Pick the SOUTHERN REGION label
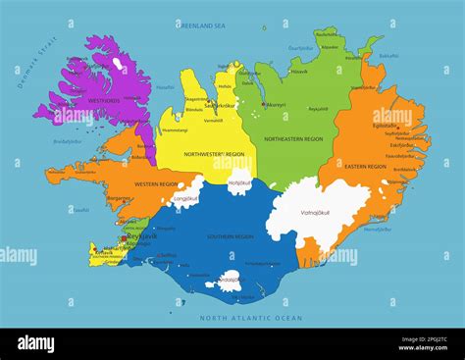tap(231, 236)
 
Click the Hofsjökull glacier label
tap(239, 182)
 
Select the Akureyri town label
tap(276, 104)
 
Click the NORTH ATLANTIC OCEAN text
tap(251, 318)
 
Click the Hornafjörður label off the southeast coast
tap(377, 229)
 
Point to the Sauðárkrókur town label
tap(227, 105)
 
